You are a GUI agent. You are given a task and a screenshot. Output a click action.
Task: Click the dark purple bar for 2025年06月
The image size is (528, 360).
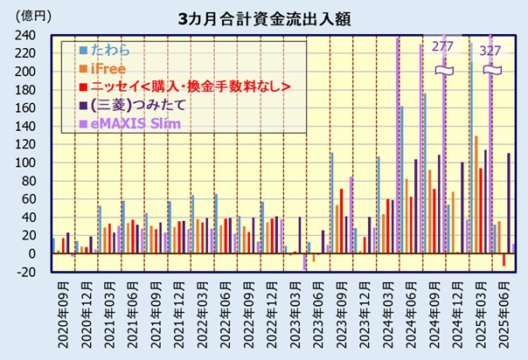point(509,204)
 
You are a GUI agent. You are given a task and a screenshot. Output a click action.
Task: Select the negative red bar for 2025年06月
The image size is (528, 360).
point(504,260)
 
